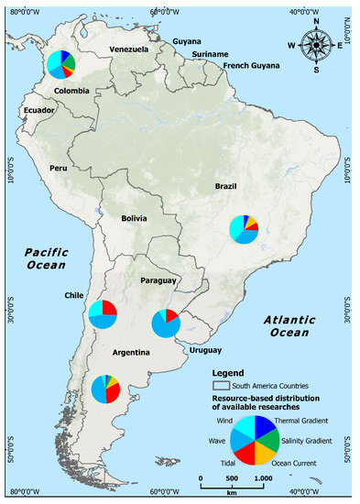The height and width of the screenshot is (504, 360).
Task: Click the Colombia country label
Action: click(x=71, y=91)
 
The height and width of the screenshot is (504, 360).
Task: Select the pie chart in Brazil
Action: click(x=245, y=229)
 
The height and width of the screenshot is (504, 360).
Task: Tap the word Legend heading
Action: click(x=230, y=373)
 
